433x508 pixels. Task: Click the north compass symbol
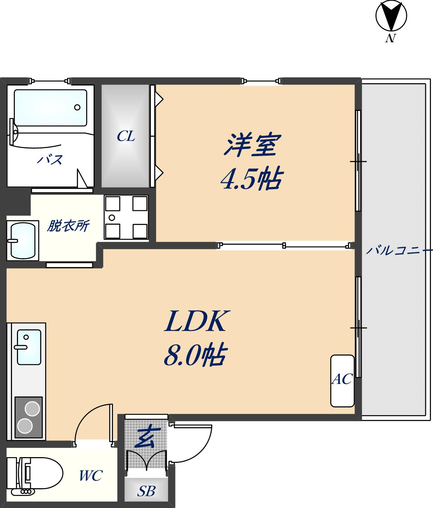[x=391, y=16]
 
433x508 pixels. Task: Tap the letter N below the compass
[x=390, y=38]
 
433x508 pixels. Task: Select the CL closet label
[x=126, y=136]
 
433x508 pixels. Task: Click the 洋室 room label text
[x=252, y=145]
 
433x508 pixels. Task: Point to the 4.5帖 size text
[x=251, y=178]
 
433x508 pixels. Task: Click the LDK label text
[x=195, y=321]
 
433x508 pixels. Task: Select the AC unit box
[x=342, y=380]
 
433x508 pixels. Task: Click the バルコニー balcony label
[x=399, y=251]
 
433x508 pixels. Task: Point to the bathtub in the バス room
[x=50, y=107]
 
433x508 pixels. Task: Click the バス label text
[x=50, y=160]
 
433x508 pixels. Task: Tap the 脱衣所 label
[x=68, y=226]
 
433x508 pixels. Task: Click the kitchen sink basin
[x=29, y=347]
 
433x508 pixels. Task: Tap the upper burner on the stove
[x=32, y=409]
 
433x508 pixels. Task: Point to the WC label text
[x=90, y=475]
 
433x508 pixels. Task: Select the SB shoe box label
[x=146, y=491]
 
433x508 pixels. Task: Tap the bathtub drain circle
[x=77, y=107]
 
